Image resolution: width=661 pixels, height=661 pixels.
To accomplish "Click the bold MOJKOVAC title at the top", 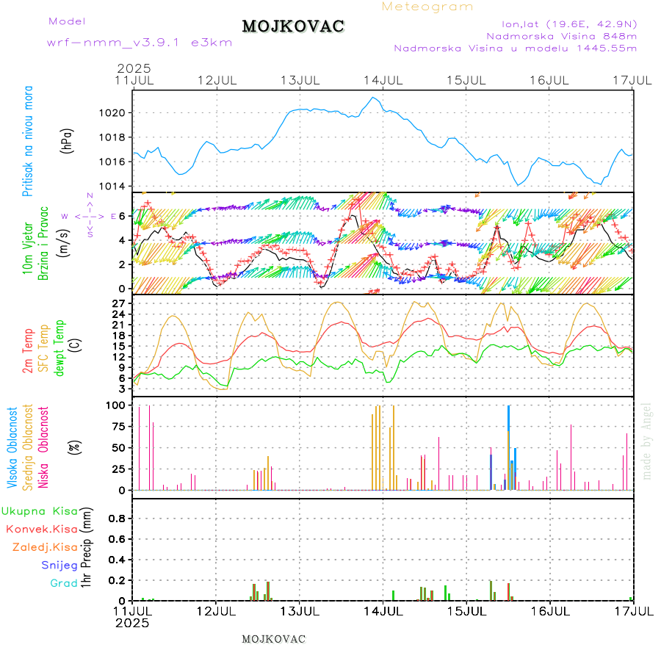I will [293, 26].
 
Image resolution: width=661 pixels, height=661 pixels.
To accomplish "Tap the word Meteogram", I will [428, 7].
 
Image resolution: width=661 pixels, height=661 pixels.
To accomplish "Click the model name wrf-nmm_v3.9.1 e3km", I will [140, 43].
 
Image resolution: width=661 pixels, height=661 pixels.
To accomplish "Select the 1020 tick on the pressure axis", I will [118, 113].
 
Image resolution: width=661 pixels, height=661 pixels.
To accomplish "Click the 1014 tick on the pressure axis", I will [118, 186].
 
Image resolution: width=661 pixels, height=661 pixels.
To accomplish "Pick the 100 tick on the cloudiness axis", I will [118, 405].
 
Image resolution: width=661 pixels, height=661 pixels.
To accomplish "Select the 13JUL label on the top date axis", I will [300, 80].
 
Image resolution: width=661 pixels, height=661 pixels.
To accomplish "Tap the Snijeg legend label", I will [59, 566].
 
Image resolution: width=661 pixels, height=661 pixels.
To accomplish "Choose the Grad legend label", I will [63, 584].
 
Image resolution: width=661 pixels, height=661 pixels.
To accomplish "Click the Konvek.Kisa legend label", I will [41, 529].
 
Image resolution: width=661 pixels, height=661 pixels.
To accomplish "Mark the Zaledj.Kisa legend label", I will [45, 547].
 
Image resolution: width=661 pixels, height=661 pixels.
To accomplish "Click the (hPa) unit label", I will [67, 141].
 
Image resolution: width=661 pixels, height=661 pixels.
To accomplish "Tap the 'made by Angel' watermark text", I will [647, 441].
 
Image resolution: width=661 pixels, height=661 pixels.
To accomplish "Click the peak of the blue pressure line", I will [374, 98].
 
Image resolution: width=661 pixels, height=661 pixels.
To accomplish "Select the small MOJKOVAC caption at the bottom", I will [273, 639].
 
